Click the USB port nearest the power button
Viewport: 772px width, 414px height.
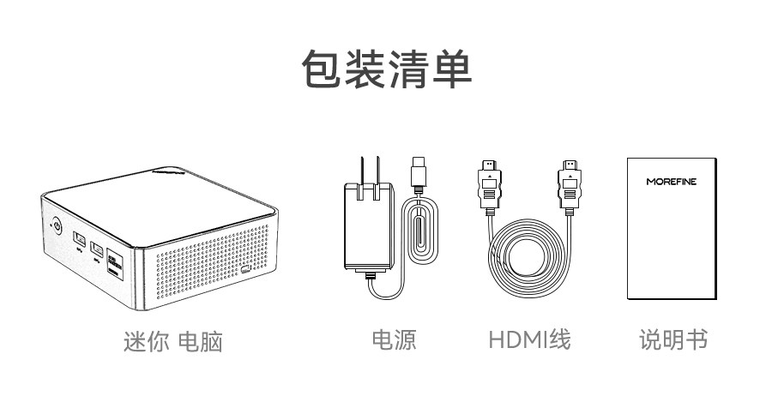[x=78, y=239]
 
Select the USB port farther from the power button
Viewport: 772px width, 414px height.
[x=97, y=250]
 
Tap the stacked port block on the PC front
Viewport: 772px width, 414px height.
[x=115, y=263]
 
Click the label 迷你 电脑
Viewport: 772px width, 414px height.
[x=173, y=341]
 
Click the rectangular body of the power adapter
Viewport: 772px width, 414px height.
[x=369, y=225]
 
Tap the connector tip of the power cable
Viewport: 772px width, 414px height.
[x=418, y=169]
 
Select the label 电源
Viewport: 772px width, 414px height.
[x=394, y=339]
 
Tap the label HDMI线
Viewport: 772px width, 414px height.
[x=529, y=339]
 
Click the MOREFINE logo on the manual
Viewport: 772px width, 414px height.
[x=672, y=182]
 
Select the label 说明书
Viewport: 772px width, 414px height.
[x=673, y=339]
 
